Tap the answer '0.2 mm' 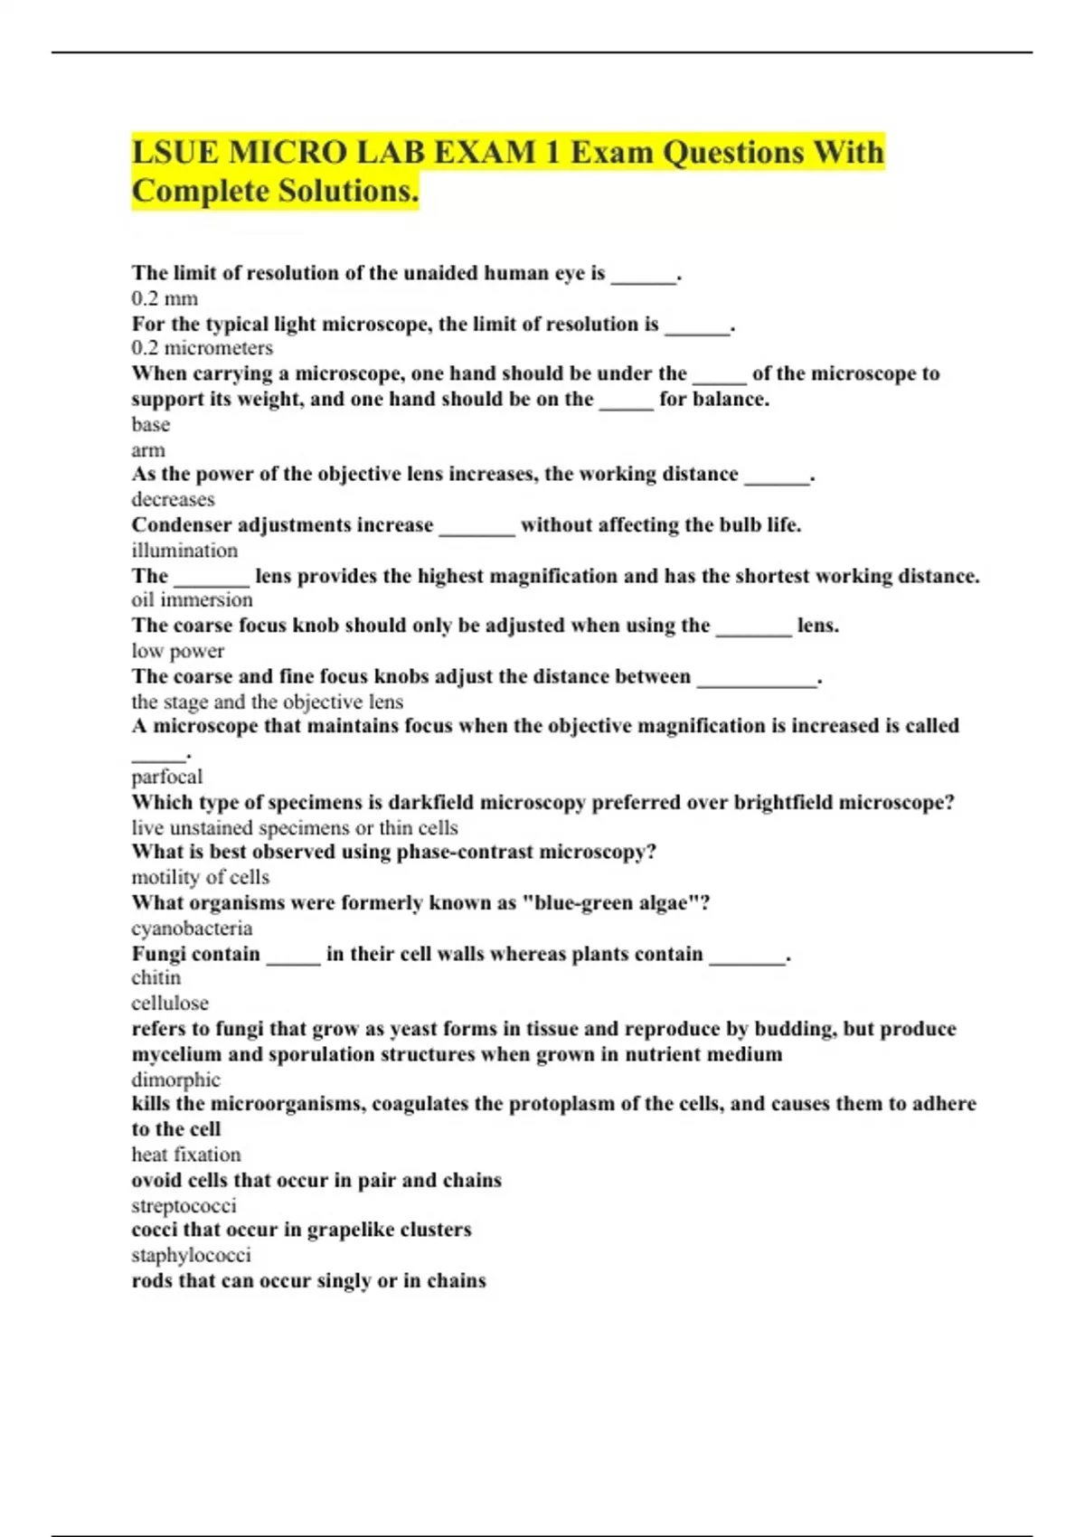[165, 298]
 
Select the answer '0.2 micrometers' [202, 348]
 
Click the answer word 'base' [150, 424]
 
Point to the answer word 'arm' [148, 449]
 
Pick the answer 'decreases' [173, 499]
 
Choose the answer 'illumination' [184, 550]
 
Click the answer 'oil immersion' [192, 599]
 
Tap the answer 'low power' [177, 650]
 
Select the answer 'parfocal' [166, 777]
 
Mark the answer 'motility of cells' [200, 877]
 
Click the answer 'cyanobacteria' [192, 928]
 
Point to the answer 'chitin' [156, 977]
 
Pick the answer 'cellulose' [170, 1003]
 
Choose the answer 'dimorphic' [175, 1080]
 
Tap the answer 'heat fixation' [186, 1155]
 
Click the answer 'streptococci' [184, 1205]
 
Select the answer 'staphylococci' [191, 1255]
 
